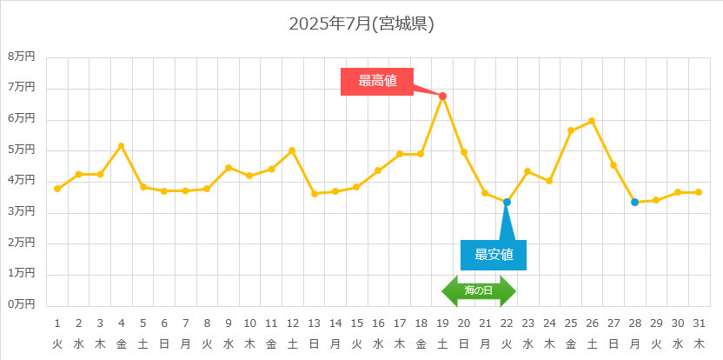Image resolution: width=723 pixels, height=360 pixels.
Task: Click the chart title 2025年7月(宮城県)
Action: [x=361, y=24]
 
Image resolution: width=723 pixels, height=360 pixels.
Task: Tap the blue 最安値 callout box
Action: [x=493, y=255]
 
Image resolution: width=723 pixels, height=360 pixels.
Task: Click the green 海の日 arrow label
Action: [x=479, y=290]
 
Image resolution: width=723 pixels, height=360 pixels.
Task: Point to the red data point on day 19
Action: [x=442, y=96]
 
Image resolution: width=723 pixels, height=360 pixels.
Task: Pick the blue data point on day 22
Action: [x=507, y=202]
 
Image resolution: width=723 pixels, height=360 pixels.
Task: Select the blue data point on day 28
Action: [x=634, y=202]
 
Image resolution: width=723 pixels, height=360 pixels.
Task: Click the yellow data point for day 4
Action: [x=122, y=146]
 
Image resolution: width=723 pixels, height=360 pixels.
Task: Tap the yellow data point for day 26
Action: [x=592, y=121]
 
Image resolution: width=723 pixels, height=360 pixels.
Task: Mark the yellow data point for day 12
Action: [x=292, y=150]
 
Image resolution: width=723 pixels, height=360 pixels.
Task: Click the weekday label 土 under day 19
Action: [x=442, y=343]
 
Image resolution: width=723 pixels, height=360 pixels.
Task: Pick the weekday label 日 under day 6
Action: [x=164, y=343]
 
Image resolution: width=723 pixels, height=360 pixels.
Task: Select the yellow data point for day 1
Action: [x=57, y=189]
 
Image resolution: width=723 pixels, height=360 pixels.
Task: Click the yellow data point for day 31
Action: [x=699, y=192]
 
